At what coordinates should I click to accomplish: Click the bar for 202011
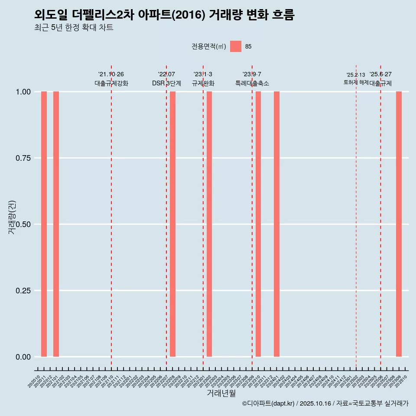point(44,224)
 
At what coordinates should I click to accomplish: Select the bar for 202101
point(56,224)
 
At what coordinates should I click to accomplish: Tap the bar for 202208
point(172,224)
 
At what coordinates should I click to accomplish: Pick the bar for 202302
point(209,224)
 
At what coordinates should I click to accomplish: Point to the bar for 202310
point(258,224)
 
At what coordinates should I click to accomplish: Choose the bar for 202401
point(276,224)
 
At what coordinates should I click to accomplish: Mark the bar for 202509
point(399,224)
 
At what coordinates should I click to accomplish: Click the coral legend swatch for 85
point(236,46)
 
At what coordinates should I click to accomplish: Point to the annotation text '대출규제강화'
point(111,83)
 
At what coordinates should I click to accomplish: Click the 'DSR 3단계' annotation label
point(166,83)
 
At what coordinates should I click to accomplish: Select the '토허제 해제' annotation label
point(356,82)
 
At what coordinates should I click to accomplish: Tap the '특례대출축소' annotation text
point(252,83)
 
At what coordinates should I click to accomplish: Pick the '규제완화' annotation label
point(203,83)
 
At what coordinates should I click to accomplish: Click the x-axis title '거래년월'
point(221,393)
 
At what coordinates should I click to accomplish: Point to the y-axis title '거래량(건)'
point(12,218)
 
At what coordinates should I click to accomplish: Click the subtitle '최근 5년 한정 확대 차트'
point(74,28)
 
